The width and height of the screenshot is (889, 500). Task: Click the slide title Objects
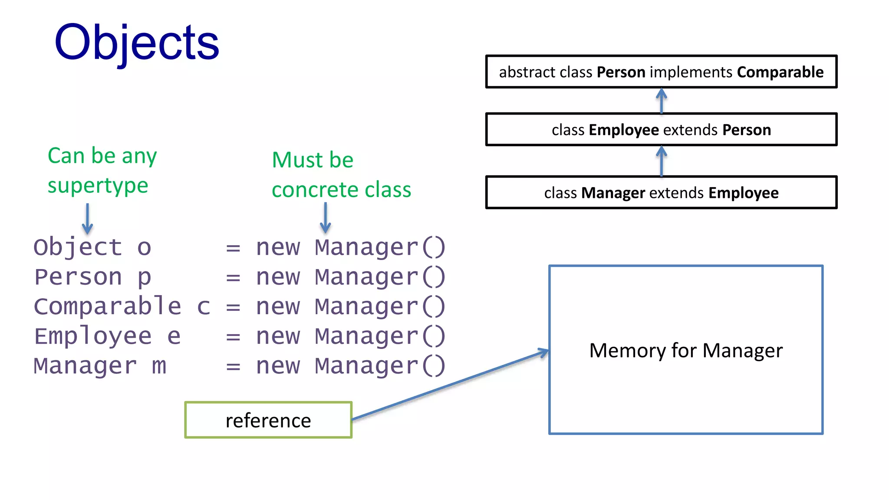pos(137,43)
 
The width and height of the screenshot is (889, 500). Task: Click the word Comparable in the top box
pos(780,72)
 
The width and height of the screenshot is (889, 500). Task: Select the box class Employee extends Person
pos(661,130)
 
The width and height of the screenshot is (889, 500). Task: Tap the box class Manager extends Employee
pos(661,193)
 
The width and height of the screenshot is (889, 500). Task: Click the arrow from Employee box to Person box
pos(661,101)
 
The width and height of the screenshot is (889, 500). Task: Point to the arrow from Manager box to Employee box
pos(661,161)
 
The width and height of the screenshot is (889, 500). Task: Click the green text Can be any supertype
pos(102,170)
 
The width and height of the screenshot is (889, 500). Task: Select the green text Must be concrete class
pos(341,174)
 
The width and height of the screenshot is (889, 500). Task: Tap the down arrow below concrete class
pos(325,218)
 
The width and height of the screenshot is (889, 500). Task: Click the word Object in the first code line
pos(78,247)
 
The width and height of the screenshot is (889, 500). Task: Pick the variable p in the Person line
pos(145,277)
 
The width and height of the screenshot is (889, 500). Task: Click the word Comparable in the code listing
pos(107,306)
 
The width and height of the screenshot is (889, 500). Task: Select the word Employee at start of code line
pos(93,336)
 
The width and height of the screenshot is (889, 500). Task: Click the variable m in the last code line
pos(159,366)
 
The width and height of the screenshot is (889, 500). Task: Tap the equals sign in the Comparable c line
pos(233,307)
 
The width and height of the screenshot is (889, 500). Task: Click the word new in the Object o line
pos(278,248)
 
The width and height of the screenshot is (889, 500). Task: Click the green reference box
pos(268,420)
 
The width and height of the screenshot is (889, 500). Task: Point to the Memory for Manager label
pos(686,350)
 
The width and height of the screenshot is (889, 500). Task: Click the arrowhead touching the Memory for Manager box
pos(543,352)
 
